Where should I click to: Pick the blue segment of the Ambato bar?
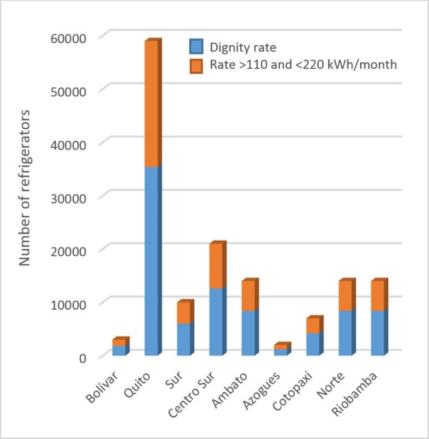249,332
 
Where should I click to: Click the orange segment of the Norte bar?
346,295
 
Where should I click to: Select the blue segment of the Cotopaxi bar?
313,344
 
